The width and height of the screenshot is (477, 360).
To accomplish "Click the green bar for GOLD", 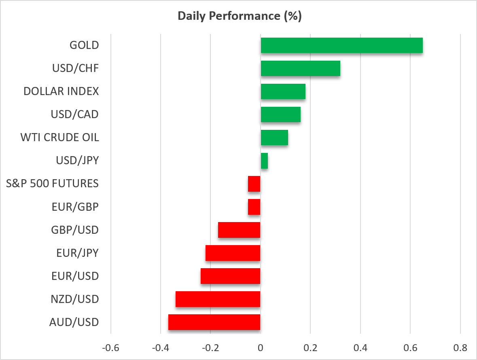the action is (x=341, y=45).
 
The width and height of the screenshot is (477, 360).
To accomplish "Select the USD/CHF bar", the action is (x=300, y=68).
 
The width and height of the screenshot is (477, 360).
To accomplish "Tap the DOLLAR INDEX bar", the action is (x=283, y=91).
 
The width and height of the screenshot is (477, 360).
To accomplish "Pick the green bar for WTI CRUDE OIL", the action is (x=274, y=138).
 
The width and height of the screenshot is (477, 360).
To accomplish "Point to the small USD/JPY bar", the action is (x=264, y=161).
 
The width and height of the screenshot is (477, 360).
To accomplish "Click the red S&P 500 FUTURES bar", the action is (x=254, y=184).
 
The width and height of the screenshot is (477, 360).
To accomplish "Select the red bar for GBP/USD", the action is (x=239, y=230).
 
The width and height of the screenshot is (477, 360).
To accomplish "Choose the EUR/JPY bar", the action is (x=233, y=253).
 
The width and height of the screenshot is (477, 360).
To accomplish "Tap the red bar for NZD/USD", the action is (x=218, y=299).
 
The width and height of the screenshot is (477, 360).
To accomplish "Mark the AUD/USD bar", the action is (x=214, y=322).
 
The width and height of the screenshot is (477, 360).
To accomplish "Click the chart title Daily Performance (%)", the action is (x=240, y=16).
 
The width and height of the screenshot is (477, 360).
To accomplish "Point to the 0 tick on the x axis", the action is (x=261, y=347).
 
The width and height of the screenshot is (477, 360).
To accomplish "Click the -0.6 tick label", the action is (x=111, y=347).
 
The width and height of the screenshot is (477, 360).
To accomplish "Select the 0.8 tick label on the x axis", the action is (x=460, y=347).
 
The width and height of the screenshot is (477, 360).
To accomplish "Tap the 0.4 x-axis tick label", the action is (x=360, y=347).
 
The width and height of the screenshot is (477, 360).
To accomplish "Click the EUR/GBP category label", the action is (x=75, y=207).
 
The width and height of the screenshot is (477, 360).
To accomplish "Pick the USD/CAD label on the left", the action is (x=75, y=114).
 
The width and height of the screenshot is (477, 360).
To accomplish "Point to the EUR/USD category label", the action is (x=75, y=276).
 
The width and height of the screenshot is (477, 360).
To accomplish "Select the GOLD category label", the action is (x=84, y=45).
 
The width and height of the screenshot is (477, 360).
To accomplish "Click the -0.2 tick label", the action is (x=210, y=347).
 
